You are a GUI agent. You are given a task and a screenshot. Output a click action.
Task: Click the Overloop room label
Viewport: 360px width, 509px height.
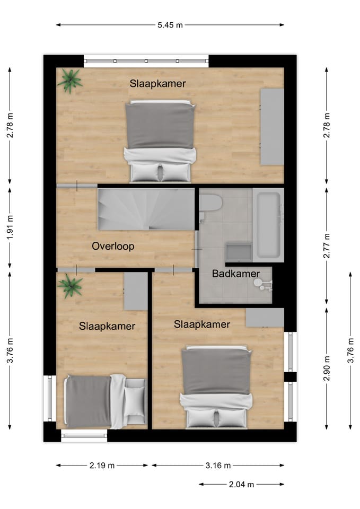[x=113, y=246]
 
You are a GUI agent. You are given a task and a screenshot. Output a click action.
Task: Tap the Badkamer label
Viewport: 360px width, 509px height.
[x=236, y=274]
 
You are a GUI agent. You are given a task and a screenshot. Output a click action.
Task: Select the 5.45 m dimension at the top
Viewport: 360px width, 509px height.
[x=170, y=24]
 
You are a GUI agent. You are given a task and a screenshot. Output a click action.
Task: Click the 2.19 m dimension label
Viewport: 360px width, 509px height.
[x=102, y=466]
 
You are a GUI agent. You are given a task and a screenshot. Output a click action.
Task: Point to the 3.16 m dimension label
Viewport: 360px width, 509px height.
[x=218, y=466]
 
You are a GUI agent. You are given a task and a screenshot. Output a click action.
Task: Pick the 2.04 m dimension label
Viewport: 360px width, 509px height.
[x=241, y=484]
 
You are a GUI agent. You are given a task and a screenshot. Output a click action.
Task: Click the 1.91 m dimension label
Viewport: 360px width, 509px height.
[x=10, y=227]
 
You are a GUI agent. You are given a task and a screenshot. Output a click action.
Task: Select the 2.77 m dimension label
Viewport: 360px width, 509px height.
[x=327, y=245]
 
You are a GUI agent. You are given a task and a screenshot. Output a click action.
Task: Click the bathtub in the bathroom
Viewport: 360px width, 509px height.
[x=268, y=225]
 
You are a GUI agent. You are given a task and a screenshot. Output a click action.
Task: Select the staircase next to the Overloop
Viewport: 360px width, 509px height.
[x=145, y=209]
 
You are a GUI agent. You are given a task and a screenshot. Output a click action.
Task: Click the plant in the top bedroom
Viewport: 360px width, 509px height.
[x=70, y=80]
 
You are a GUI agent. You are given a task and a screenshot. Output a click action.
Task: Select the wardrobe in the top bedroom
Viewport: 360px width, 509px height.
[x=271, y=127]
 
